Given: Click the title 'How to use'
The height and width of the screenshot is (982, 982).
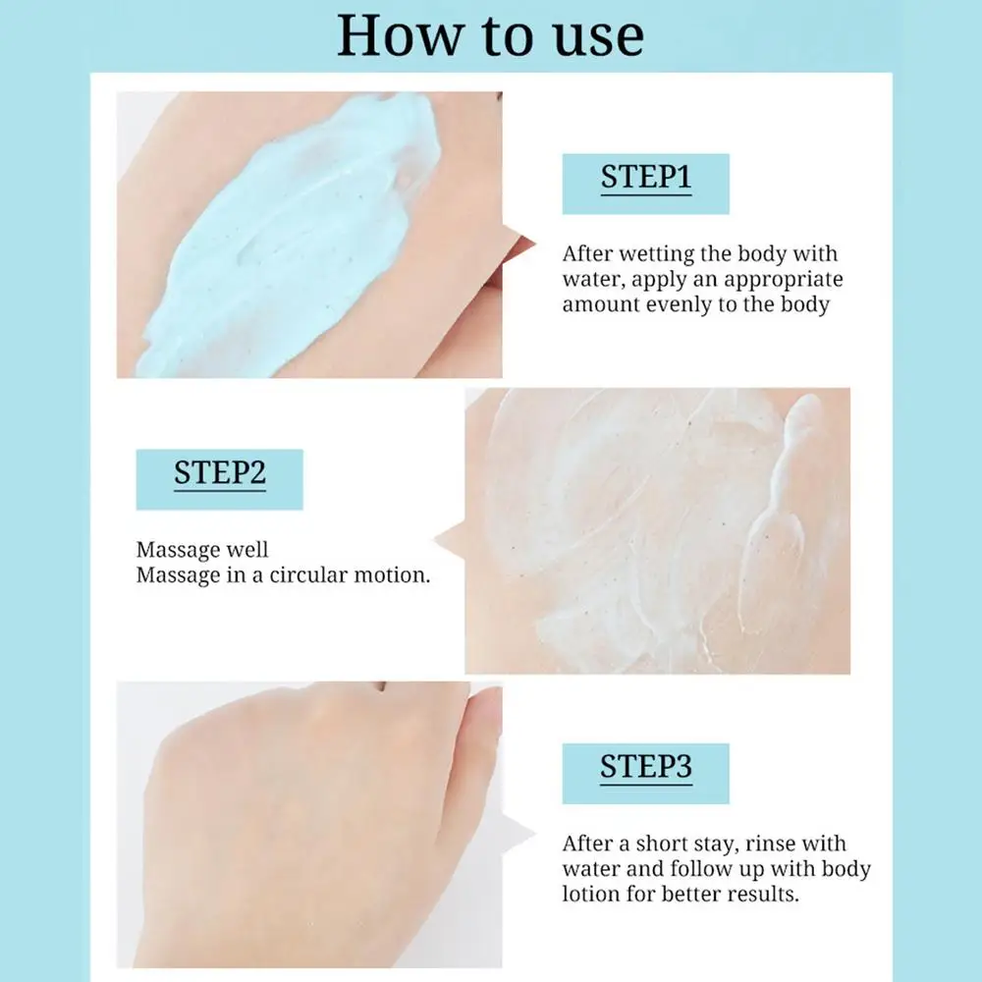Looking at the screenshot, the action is click(x=490, y=35).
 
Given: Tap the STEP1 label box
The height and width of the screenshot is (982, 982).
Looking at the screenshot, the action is click(x=646, y=184).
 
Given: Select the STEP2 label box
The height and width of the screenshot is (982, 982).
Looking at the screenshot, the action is click(x=220, y=479).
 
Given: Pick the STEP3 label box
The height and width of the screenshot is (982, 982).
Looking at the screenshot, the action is click(x=646, y=774).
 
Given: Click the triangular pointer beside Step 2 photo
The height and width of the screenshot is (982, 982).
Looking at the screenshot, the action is click(x=450, y=540).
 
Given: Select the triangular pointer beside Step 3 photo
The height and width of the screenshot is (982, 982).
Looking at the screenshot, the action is click(x=518, y=834).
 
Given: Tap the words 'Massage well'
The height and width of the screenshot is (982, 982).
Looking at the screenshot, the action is click(x=202, y=550).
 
